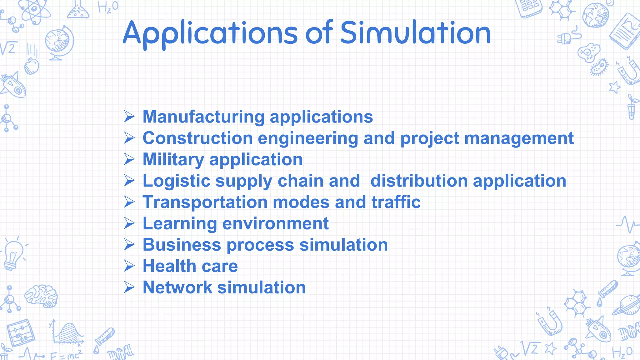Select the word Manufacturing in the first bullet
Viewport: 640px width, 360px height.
204,117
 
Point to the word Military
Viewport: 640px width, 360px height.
173,160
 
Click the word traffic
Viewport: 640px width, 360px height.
396,202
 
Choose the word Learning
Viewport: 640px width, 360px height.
180,224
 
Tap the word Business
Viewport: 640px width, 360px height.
182,245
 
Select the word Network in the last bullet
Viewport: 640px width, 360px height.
177,287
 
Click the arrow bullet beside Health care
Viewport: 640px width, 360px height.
129,266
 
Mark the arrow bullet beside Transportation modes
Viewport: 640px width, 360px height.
129,202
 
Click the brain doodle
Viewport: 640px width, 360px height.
41,296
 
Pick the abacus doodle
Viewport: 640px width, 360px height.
21,332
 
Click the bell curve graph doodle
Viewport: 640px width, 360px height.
67,333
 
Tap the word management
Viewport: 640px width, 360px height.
519,138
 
